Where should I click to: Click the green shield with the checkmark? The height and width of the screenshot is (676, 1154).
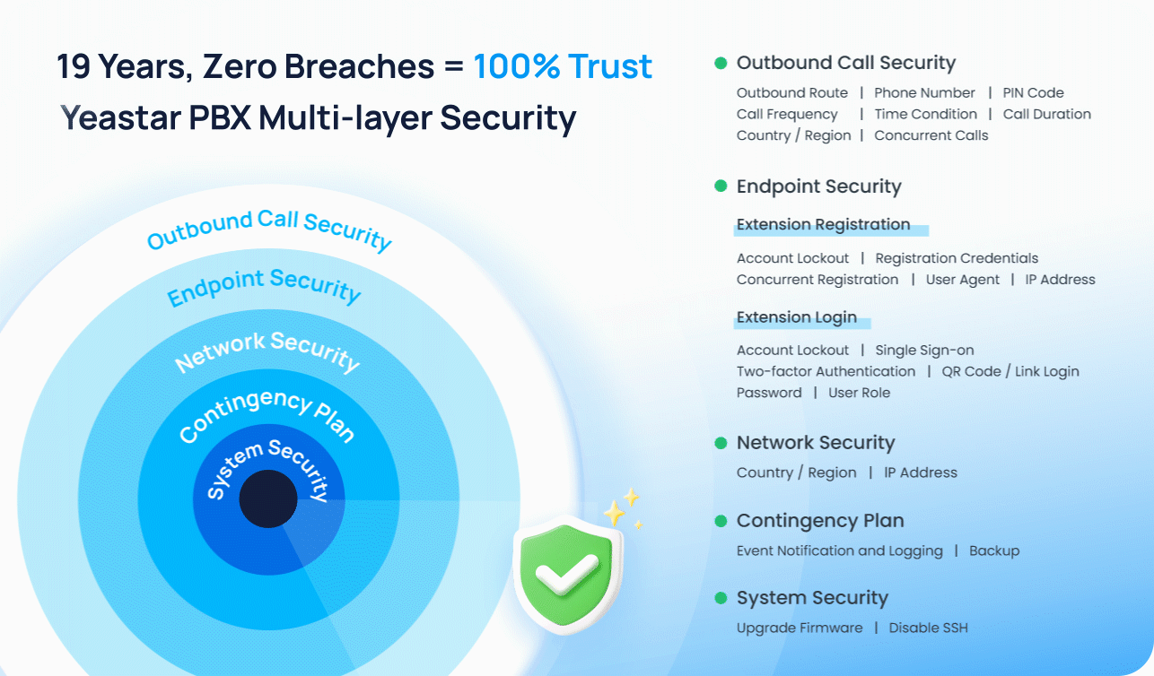pyautogui.click(x=568, y=574)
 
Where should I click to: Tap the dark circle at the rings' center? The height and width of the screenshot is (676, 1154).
pyautogui.click(x=268, y=498)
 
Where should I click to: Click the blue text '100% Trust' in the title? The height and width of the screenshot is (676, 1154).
pyautogui.click(x=563, y=66)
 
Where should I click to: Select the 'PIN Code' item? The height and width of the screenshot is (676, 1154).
pyautogui.click(x=1033, y=92)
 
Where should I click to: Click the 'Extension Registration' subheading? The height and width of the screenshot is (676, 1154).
pyautogui.click(x=823, y=224)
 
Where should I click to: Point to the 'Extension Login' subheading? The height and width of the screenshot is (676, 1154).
pyautogui.click(x=797, y=317)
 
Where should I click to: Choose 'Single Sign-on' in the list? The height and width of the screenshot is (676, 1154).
pyautogui.click(x=924, y=350)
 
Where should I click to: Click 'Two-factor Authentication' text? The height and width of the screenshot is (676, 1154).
pyautogui.click(x=826, y=371)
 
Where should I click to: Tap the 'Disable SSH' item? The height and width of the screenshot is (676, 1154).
pyautogui.click(x=929, y=628)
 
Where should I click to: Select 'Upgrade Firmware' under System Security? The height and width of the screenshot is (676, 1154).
pyautogui.click(x=800, y=628)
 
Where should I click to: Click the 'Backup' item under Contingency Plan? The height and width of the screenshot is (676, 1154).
pyautogui.click(x=994, y=550)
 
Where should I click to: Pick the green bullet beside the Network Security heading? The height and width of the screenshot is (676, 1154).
pyautogui.click(x=721, y=443)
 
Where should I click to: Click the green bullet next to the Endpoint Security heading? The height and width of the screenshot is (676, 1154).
pyautogui.click(x=721, y=186)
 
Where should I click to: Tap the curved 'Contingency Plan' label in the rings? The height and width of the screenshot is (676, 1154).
pyautogui.click(x=267, y=413)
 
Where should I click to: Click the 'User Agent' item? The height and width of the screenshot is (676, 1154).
pyautogui.click(x=962, y=279)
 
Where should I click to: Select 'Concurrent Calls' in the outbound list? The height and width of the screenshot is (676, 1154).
pyautogui.click(x=931, y=135)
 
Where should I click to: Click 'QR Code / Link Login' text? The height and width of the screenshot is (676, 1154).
pyautogui.click(x=1010, y=371)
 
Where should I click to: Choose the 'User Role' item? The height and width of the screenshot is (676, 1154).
pyautogui.click(x=859, y=393)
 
